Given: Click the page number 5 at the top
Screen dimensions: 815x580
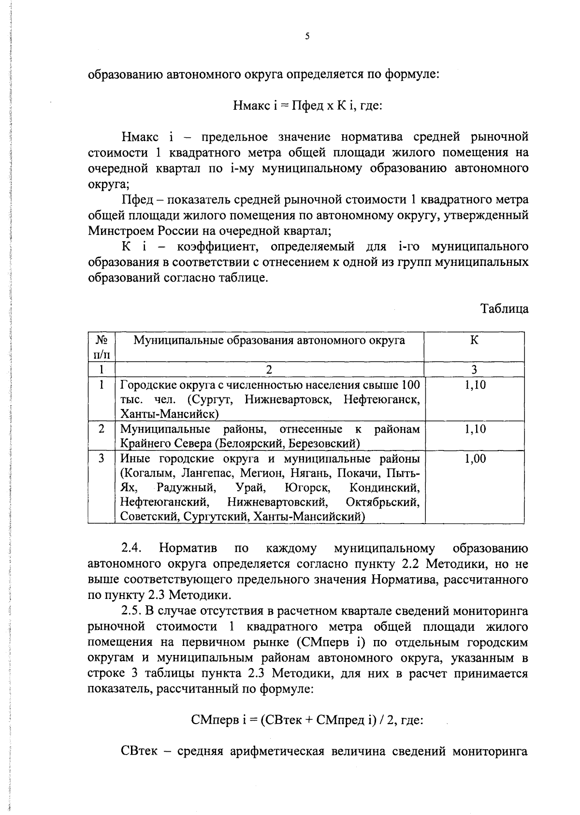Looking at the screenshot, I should coord(307,36).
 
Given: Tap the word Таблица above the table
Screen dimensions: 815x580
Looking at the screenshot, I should coord(504,309).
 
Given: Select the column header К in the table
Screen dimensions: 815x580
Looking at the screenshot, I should coord(474,340).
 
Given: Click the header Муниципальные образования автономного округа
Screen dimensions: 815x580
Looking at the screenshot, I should coord(269,340).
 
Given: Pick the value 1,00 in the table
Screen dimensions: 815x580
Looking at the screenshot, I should coord(475,459).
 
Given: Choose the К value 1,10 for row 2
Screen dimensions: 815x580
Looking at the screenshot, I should coord(475,429).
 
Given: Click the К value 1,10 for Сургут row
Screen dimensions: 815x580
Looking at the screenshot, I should coord(475,385).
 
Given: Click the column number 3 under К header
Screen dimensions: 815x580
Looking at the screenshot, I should coord(474,370).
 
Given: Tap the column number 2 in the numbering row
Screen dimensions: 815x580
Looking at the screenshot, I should coord(269,370).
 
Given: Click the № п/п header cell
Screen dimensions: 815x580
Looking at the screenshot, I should coord(101,347).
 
